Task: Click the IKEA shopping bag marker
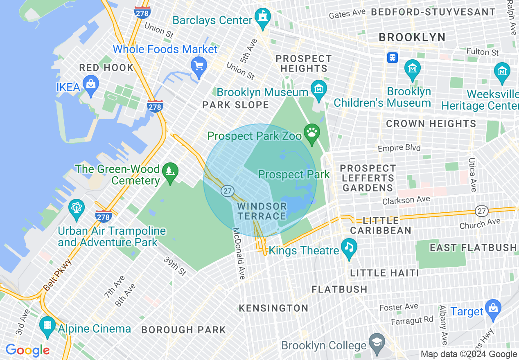coord(90,84)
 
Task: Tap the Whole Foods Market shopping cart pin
coord(199,66)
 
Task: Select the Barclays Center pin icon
coord(262,17)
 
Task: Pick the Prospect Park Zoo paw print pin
coord(312,133)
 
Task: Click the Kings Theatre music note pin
coord(349,247)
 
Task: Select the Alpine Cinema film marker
coord(48,325)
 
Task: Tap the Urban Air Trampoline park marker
coord(76,207)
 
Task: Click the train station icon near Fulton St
coord(393,58)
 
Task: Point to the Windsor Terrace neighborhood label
coord(262,211)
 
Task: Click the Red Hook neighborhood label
coord(106,67)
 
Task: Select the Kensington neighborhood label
coord(273,308)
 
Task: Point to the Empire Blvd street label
coord(399,148)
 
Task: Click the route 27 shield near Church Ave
coord(482,211)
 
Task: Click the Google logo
coord(27,350)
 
